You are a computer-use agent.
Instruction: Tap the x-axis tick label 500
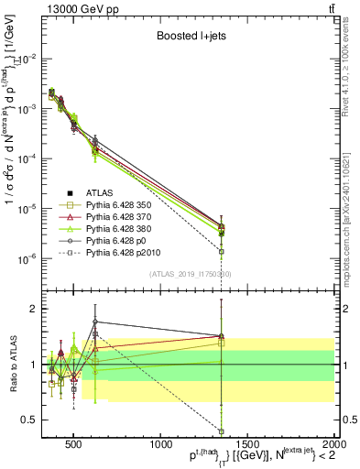74,439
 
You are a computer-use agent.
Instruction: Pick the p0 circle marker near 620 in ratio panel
95,322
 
